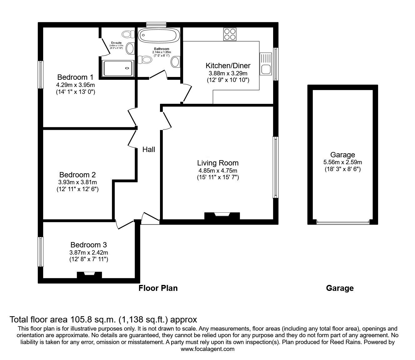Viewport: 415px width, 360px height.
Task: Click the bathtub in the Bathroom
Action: point(159,36)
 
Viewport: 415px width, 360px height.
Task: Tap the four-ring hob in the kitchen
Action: point(230,34)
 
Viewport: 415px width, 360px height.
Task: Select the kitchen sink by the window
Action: point(266,63)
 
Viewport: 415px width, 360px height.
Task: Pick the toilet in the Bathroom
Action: point(144,59)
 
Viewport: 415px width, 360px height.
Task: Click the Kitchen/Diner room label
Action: point(228,66)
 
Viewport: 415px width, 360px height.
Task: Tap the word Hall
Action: point(149,150)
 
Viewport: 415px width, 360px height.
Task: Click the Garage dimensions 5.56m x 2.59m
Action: point(342,162)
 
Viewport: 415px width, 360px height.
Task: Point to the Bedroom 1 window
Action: point(41,74)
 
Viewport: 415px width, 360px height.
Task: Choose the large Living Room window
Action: point(275,167)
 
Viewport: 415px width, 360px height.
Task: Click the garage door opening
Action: point(342,222)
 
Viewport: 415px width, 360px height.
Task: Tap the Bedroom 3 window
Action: point(41,252)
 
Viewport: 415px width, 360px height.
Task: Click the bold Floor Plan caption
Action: point(158,288)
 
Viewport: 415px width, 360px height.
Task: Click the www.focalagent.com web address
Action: point(207,349)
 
